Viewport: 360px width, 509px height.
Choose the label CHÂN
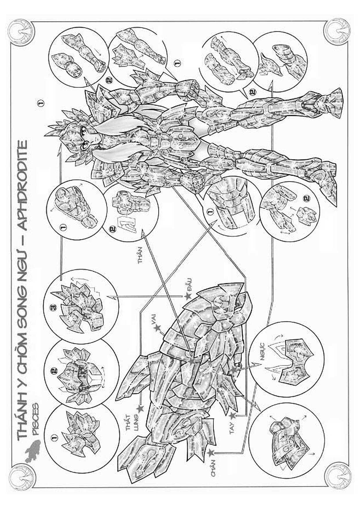tap(214, 469)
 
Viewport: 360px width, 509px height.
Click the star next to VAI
tap(157, 328)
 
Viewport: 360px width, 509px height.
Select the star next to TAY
tap(232, 416)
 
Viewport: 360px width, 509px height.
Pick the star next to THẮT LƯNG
tap(140, 408)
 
